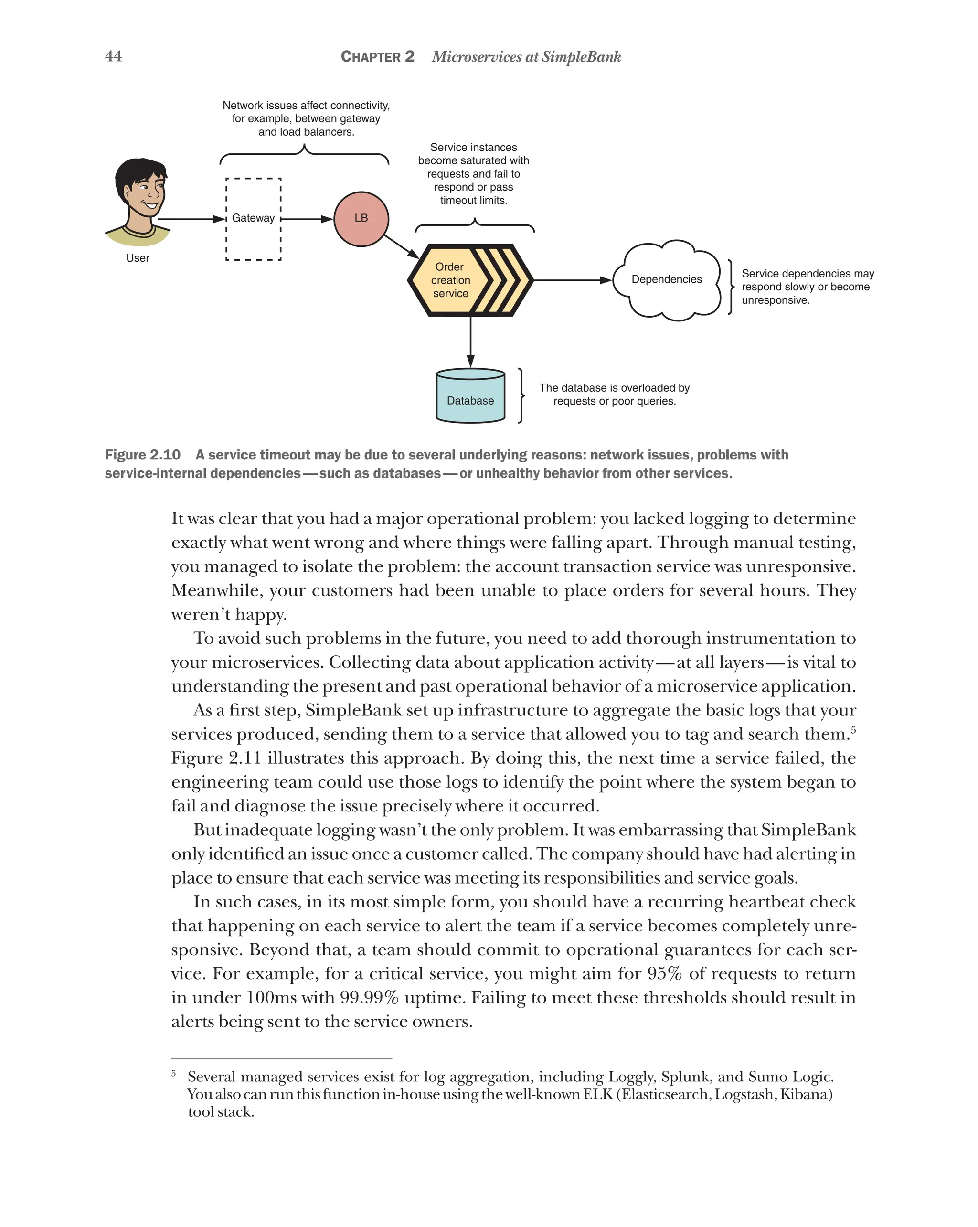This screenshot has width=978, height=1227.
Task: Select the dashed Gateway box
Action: click(x=253, y=219)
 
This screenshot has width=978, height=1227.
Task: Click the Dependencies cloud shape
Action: click(x=666, y=279)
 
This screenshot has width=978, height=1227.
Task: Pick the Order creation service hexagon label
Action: click(x=450, y=280)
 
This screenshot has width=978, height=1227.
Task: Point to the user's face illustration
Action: click(x=143, y=191)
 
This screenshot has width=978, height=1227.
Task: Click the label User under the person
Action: click(x=137, y=258)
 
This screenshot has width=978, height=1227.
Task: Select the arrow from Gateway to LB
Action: click(x=307, y=219)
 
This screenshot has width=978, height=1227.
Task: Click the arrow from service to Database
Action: click(x=470, y=341)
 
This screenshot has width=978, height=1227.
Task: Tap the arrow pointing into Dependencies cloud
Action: click(x=572, y=280)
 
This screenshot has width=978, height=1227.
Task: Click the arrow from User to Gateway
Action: click(x=191, y=219)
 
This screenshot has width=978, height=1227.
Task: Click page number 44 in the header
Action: click(x=113, y=56)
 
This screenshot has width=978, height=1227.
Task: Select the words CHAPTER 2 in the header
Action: click(x=377, y=57)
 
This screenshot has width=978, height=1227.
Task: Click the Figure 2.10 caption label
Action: click(x=142, y=455)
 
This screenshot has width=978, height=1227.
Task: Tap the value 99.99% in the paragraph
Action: click(x=369, y=998)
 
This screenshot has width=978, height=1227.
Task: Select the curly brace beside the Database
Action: click(x=521, y=395)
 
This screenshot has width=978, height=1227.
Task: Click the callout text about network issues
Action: click(x=306, y=118)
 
